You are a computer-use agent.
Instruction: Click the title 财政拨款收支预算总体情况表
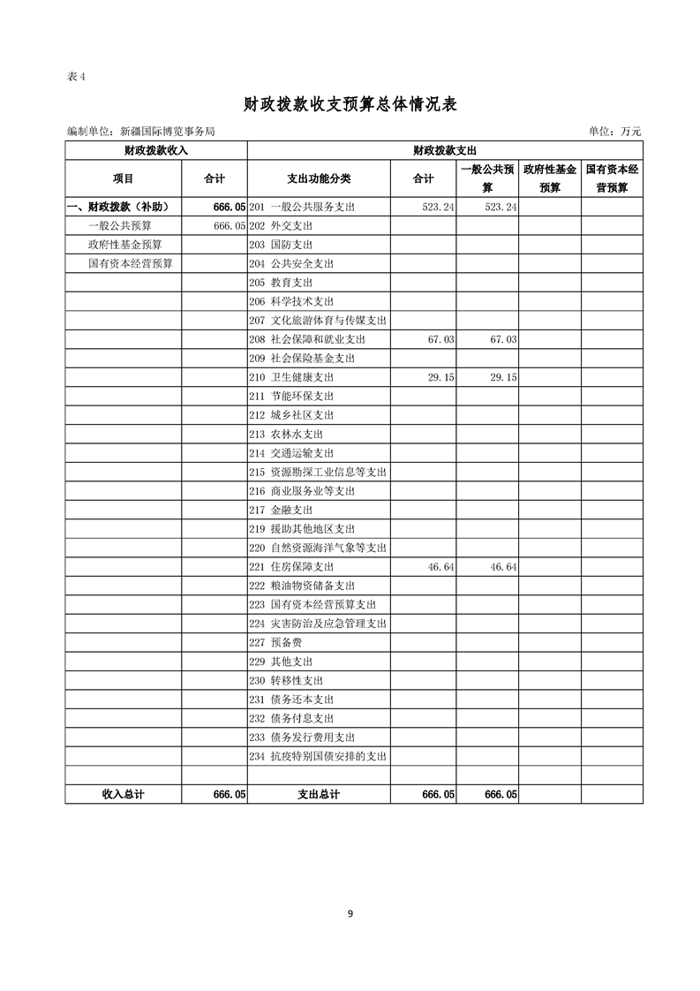coord(350,104)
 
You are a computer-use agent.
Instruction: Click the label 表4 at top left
coord(76,76)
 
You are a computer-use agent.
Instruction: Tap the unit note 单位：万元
coord(614,132)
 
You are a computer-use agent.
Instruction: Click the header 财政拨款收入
coord(156,150)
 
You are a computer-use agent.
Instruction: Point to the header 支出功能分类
coord(320,178)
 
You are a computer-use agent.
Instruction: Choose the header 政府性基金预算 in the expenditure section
coord(549,178)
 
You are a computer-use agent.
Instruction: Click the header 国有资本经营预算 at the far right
coord(612,178)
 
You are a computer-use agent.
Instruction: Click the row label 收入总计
coord(124,795)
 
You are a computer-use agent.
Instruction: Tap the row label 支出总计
coord(320,795)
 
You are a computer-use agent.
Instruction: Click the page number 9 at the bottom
coord(350,914)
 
